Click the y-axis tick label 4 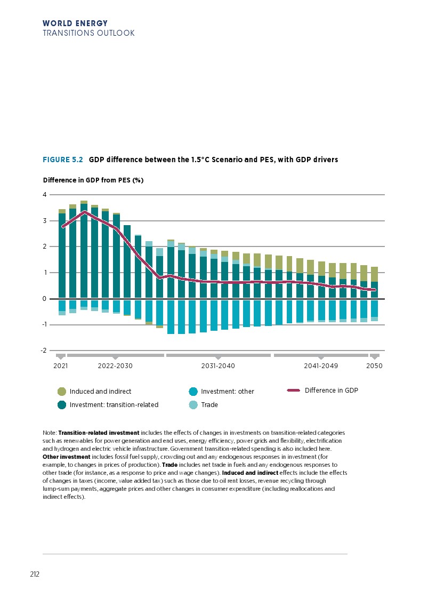[44, 195]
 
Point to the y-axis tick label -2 [44, 351]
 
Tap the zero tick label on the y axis [44, 299]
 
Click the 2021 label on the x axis [61, 367]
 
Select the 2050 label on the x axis [375, 367]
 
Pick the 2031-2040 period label [218, 367]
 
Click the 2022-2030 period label [115, 367]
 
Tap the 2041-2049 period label [321, 367]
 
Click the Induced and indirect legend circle [62, 392]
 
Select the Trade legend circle [193, 405]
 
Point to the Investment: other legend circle [193, 392]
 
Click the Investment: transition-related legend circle [62, 405]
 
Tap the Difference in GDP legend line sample [294, 391]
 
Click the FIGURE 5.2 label [63, 160]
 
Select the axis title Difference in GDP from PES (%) [93, 180]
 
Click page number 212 [35, 575]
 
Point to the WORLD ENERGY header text [75, 23]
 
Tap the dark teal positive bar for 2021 [62, 256]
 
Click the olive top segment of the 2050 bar [375, 274]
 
